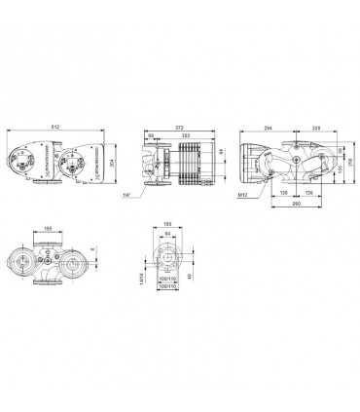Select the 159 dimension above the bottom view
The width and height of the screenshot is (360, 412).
(x=49, y=231)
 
